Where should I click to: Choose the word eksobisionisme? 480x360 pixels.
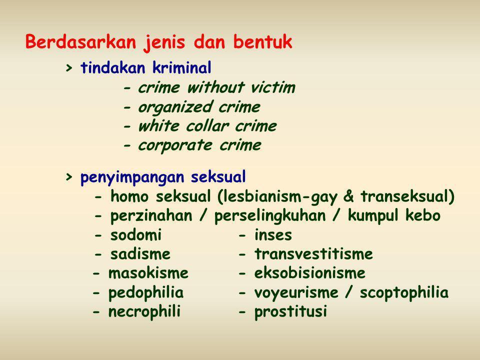310,273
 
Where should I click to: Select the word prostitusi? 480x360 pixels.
290,312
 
